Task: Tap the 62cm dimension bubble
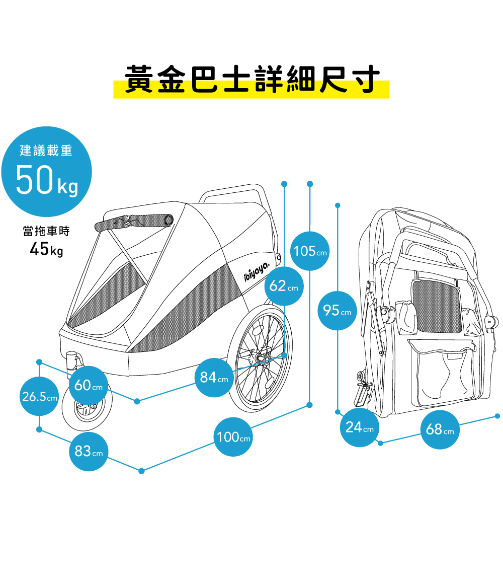point(284,286)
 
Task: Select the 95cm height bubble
point(338,310)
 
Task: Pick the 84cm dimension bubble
point(214,377)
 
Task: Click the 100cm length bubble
point(233,437)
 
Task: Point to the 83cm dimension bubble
point(89,452)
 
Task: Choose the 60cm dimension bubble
point(89,386)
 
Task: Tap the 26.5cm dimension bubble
point(39,396)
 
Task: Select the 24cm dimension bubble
point(360,427)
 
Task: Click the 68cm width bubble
point(440,429)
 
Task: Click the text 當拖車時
point(46,231)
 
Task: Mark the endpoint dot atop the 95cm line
point(338,205)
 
